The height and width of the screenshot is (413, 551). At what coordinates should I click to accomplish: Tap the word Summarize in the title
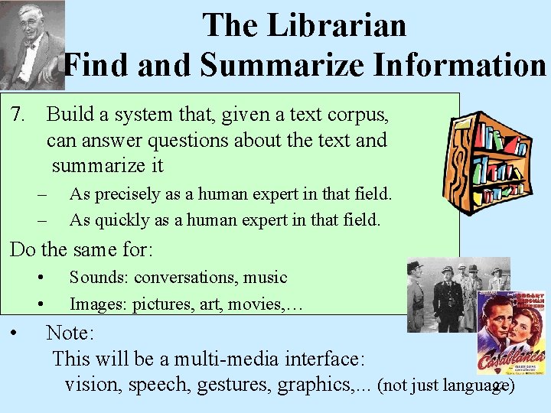265,65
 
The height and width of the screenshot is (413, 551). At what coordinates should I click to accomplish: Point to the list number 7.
20,115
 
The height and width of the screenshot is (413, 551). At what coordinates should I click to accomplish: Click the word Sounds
97,277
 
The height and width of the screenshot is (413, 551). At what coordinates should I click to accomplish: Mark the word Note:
70,333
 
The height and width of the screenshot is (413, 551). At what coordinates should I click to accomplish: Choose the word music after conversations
265,277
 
